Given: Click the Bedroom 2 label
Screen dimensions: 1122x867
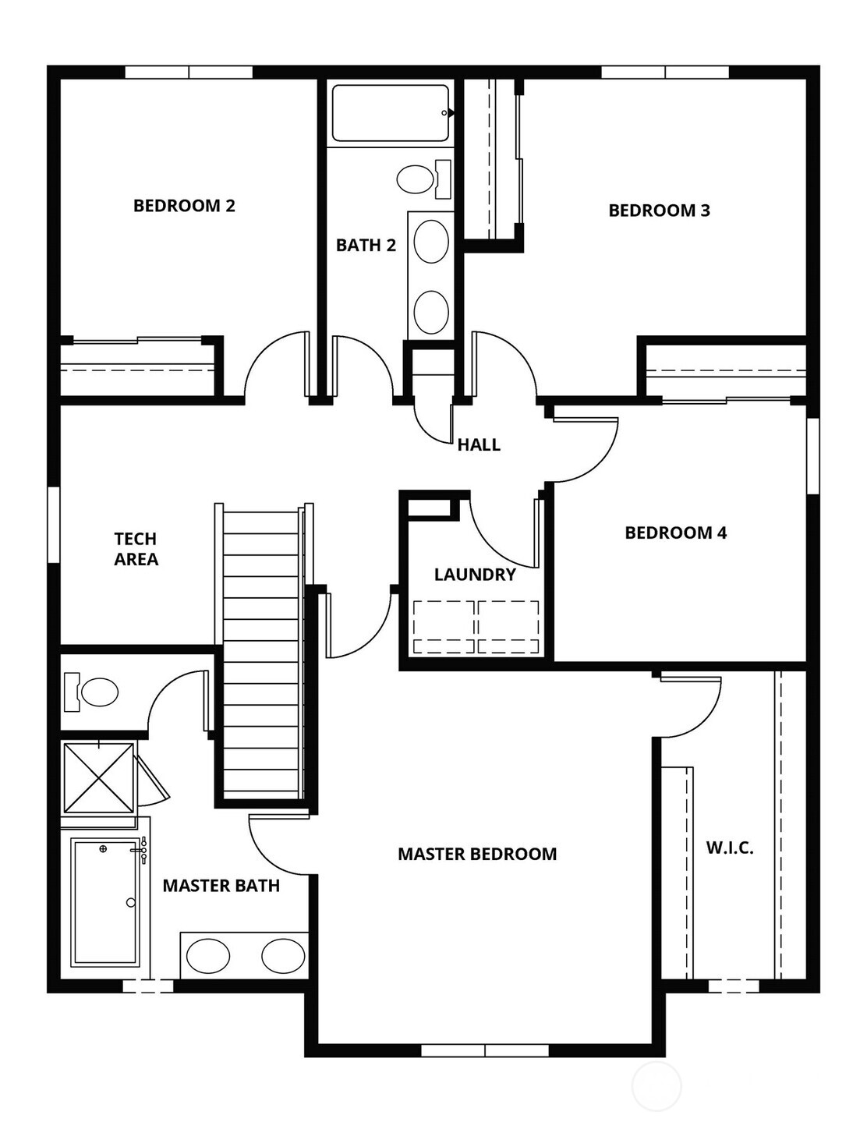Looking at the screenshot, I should (184, 206).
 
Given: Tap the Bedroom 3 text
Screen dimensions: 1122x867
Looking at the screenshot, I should (659, 211).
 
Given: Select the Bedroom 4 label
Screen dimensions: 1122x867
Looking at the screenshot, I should (675, 533).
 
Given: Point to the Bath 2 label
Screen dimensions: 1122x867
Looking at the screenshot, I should (366, 246).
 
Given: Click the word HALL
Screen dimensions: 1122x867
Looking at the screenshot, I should (479, 445).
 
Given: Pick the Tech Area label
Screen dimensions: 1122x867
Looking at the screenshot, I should (136, 549).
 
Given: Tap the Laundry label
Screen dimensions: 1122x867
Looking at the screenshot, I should (475, 575).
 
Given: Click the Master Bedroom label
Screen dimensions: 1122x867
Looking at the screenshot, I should (477, 855).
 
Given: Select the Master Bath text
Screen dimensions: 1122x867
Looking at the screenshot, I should (221, 886).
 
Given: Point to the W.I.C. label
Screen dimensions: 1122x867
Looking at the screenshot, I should (730, 848).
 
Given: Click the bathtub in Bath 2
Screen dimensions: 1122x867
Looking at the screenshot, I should (390, 114).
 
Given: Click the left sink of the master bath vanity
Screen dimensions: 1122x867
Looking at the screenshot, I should (208, 955).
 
